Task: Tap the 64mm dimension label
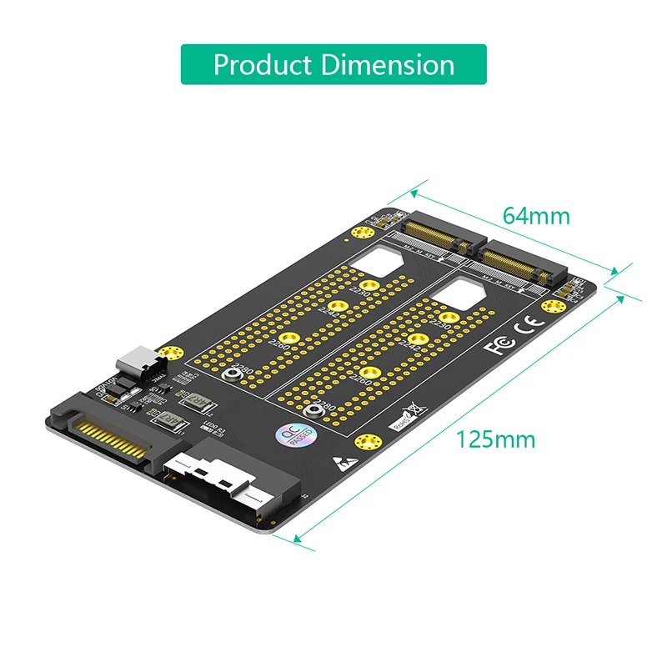[x=536, y=216]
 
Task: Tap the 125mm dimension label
[x=495, y=439]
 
